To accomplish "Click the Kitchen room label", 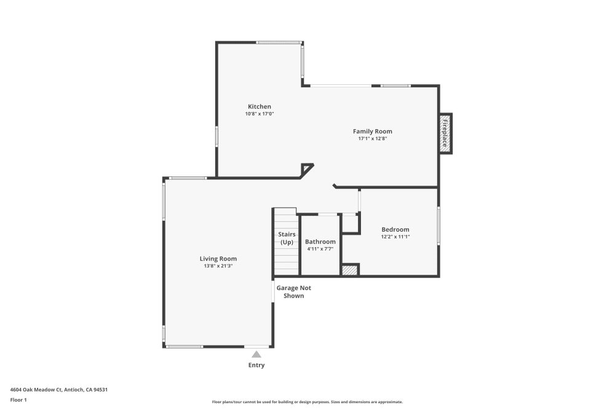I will coord(259,106).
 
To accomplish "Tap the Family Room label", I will coord(372,131).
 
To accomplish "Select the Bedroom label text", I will coord(395,229).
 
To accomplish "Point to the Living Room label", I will coord(218,259).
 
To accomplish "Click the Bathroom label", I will coord(320,242).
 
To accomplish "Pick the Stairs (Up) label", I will coord(287,239).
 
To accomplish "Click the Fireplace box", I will coord(445,133).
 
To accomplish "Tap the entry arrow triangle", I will coord(256,354).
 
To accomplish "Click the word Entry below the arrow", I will coord(256,365).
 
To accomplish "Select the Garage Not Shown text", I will coord(293,291).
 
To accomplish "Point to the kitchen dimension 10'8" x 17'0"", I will coord(259,114).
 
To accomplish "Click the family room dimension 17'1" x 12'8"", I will coord(372,138).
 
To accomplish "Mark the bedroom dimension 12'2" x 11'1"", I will coord(395,237).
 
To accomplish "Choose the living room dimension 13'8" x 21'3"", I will coord(218,266).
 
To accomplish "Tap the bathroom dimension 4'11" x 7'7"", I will coord(320,249).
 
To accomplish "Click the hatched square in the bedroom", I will coord(350,269).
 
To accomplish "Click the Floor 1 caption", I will coord(18,400).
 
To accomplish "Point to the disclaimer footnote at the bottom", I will coord(307,401).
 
